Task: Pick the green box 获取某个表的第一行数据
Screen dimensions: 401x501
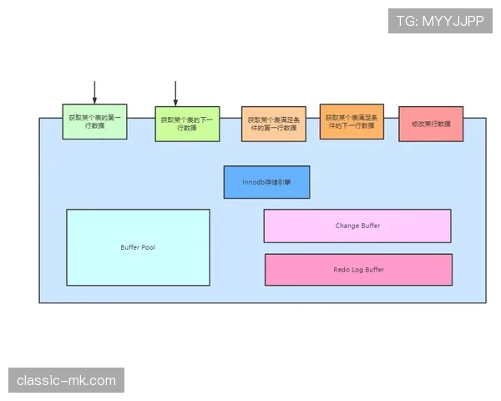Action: (94, 121)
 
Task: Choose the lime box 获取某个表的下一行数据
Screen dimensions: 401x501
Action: (187, 124)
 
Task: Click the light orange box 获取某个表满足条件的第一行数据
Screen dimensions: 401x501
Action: (273, 124)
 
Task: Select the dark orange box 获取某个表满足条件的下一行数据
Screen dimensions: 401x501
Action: (352, 121)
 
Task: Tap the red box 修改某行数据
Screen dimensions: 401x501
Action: (431, 124)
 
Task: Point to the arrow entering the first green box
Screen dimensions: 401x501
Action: (94, 93)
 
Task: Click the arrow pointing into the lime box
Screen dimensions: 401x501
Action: (176, 94)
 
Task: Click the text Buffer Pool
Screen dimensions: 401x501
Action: (138, 247)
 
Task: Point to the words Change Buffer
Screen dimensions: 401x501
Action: (357, 226)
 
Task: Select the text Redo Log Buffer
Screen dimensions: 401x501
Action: (358, 270)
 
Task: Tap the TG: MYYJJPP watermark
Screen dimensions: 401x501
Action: (441, 21)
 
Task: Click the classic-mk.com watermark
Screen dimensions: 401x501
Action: (67, 381)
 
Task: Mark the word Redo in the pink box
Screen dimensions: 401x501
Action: (342, 270)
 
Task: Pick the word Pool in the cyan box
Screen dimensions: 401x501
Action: (148, 247)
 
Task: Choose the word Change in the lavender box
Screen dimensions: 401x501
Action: (347, 226)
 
